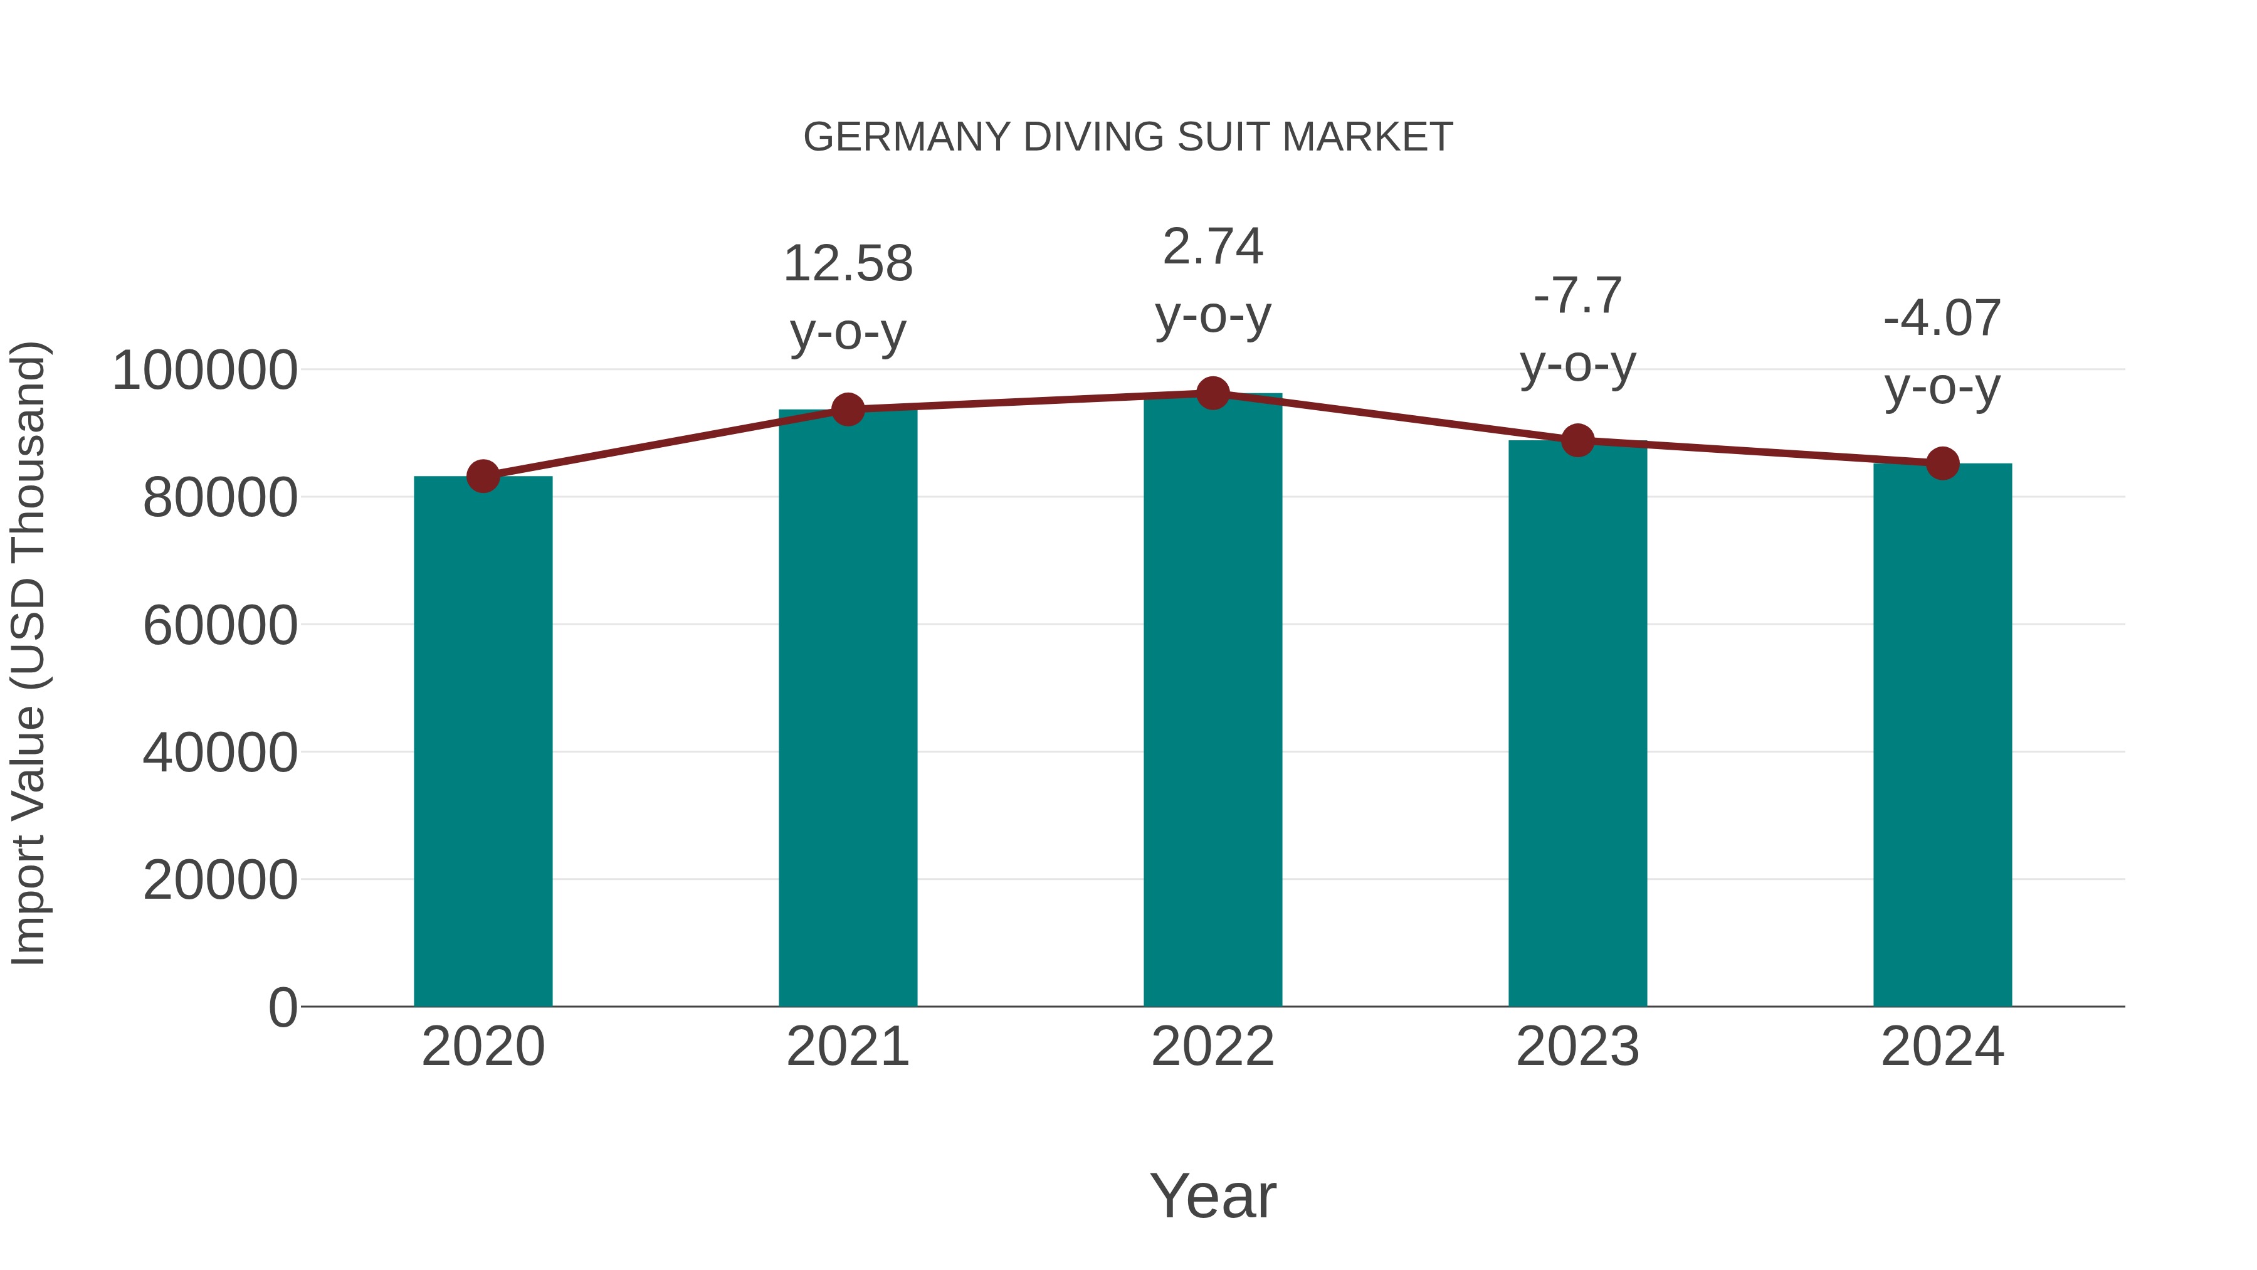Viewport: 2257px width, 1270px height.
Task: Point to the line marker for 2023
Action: [x=1578, y=441]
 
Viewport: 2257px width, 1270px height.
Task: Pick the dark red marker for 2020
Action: [x=483, y=477]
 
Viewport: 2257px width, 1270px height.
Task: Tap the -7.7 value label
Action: [x=1578, y=295]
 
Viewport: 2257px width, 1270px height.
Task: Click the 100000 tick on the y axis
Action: [x=205, y=370]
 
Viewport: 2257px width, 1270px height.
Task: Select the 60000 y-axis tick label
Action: [x=220, y=626]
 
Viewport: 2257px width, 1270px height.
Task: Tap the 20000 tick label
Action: [x=220, y=880]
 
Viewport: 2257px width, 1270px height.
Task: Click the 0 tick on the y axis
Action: [x=283, y=1008]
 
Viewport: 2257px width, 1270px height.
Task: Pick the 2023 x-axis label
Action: [x=1578, y=1047]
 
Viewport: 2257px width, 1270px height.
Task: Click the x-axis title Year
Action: [x=1213, y=1195]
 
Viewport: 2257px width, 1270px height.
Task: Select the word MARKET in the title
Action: [x=1367, y=137]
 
